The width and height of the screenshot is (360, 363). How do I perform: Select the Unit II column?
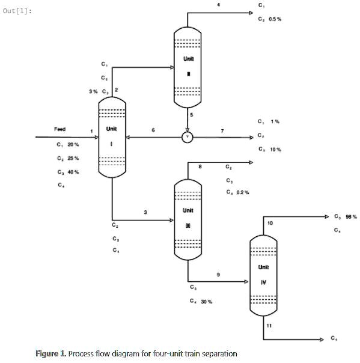coord(188,66)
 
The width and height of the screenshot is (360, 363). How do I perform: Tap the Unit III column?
coord(188,219)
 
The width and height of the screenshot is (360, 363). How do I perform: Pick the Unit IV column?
coord(263,273)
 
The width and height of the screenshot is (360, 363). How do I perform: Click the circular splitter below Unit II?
coord(188,137)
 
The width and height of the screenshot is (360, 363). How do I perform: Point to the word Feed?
coord(60,129)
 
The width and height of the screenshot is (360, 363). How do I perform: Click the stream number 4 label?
coord(219,5)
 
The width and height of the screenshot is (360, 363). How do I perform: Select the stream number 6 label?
coord(153,130)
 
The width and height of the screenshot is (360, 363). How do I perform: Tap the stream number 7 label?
coord(222,130)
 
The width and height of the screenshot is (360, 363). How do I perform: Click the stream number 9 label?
coord(218,275)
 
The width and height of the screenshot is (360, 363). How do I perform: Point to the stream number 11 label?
coord(269,325)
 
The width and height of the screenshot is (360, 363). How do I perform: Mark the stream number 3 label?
coord(145,212)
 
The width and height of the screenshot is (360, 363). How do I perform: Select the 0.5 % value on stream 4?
coord(275,19)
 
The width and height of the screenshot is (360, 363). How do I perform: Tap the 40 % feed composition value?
coord(73,172)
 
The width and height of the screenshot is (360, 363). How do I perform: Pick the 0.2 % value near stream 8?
coord(242,192)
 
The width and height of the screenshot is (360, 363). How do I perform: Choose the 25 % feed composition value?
coord(73,159)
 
